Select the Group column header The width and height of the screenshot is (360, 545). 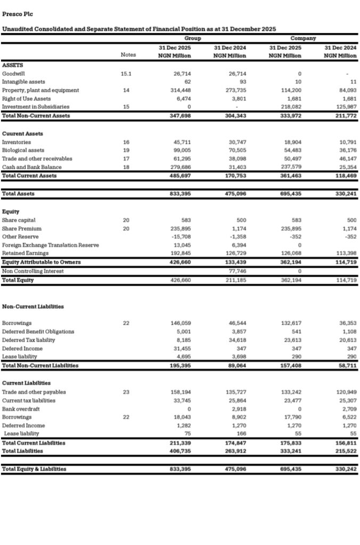193,38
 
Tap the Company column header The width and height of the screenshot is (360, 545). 303,38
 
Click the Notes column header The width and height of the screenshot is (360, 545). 128,55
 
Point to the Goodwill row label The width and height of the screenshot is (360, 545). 14,73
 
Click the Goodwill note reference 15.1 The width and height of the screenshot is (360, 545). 126,73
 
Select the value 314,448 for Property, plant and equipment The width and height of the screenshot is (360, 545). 182,90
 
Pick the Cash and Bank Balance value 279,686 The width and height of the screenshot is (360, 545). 182,167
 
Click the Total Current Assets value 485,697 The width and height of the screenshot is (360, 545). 182,176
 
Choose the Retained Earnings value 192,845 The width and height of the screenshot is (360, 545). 182,253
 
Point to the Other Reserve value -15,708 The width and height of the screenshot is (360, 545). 181,236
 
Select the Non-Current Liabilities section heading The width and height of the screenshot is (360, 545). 33,307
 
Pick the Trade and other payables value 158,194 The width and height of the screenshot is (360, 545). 182,392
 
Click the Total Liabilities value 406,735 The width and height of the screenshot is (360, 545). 182,451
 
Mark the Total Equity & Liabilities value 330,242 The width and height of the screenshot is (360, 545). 346,469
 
